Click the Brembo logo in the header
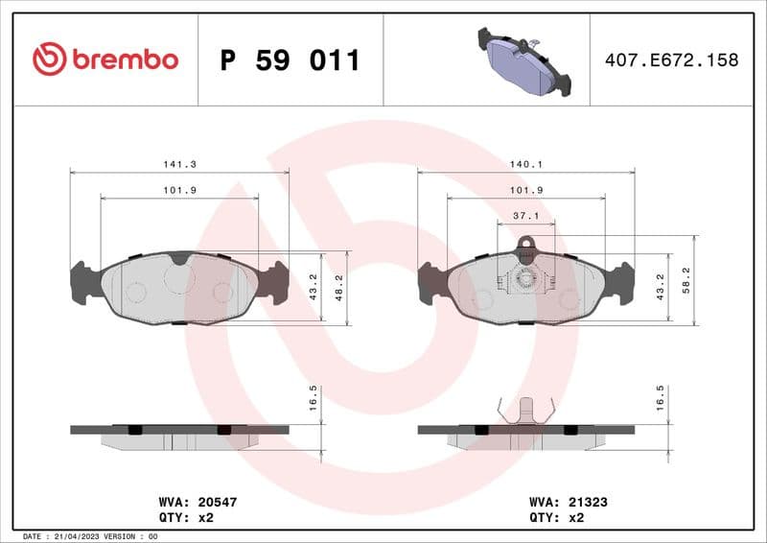105,59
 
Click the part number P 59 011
290,60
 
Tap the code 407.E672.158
671,60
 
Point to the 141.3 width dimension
179,164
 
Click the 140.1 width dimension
526,164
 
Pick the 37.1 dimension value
525,216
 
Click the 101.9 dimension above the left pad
179,190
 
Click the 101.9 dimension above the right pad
526,190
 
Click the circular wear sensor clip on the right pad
525,279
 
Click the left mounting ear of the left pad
84,282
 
